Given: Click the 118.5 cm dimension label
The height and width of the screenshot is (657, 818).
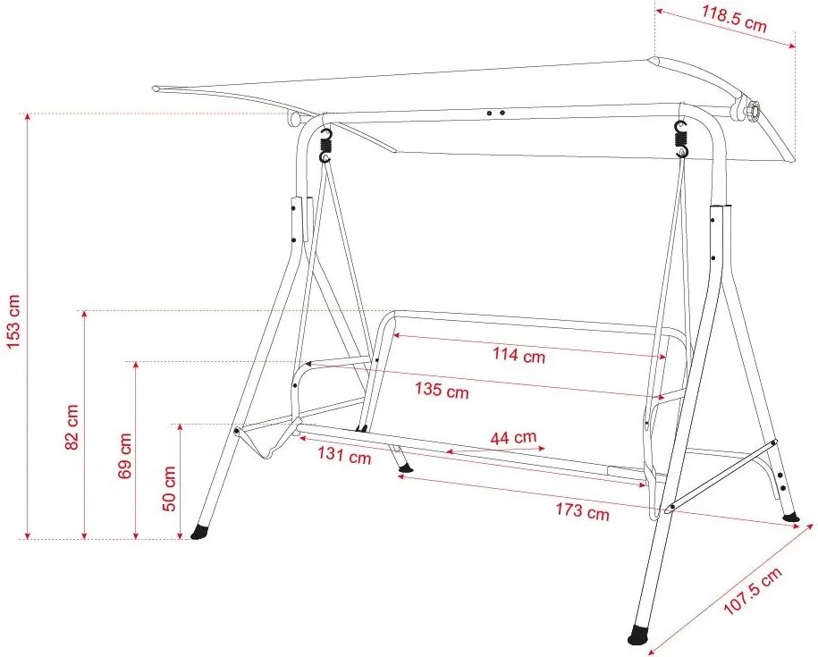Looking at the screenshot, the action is click(x=734, y=20).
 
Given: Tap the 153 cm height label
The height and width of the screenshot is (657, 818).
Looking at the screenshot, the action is click(x=13, y=321).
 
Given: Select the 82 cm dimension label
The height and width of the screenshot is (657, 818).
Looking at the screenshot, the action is click(x=72, y=426).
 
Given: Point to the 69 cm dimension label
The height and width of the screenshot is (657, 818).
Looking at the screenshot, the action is click(x=125, y=456).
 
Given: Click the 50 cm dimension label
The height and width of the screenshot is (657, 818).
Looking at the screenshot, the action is click(x=170, y=489).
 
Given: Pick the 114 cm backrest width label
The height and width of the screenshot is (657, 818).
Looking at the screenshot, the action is click(x=519, y=355).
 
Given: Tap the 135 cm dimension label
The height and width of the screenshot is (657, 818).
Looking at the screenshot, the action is click(x=442, y=390).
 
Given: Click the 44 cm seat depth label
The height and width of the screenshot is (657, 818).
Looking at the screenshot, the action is click(x=513, y=437).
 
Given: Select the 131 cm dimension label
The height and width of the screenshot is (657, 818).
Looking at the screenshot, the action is click(x=344, y=455).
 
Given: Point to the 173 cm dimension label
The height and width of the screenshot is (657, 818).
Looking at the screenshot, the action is click(x=582, y=511).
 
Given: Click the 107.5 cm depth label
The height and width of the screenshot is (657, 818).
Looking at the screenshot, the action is click(x=754, y=590).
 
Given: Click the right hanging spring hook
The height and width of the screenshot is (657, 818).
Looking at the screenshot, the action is click(x=681, y=139).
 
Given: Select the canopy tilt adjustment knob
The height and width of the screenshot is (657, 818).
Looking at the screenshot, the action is click(x=750, y=112).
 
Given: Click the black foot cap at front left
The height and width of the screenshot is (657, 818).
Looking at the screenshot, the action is click(x=199, y=531).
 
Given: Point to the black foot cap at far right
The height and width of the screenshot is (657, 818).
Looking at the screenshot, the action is click(x=791, y=518).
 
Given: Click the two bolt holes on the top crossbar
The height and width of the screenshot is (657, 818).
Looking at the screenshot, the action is click(x=495, y=113).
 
